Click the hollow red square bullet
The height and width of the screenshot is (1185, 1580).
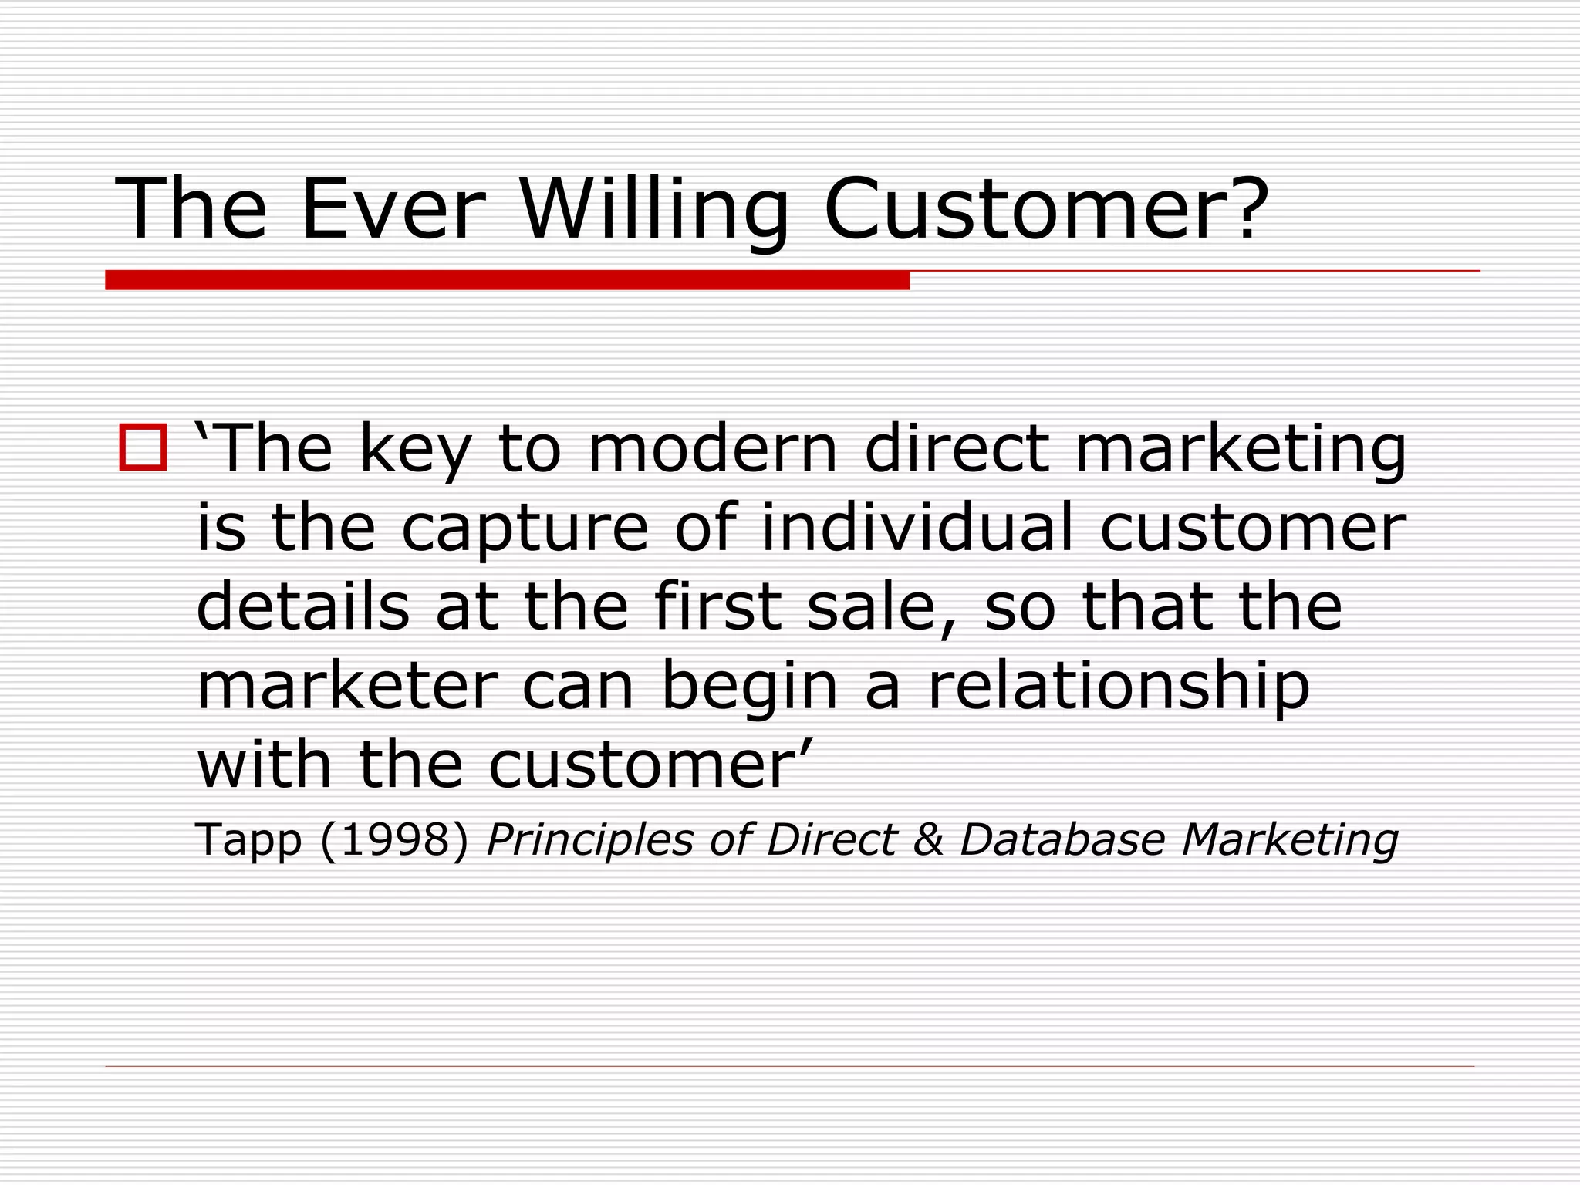(143, 447)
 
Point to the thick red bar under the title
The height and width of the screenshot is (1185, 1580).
(507, 280)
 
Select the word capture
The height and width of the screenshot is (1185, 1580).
(525, 529)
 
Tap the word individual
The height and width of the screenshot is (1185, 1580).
(917, 528)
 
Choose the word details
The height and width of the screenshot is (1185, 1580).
(302, 606)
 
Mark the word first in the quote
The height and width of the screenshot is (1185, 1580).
(718, 606)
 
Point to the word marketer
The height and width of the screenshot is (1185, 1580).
(347, 687)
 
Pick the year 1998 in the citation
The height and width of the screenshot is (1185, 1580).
(394, 839)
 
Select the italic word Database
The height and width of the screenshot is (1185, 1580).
(1062, 839)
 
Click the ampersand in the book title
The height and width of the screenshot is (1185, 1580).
(928, 839)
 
